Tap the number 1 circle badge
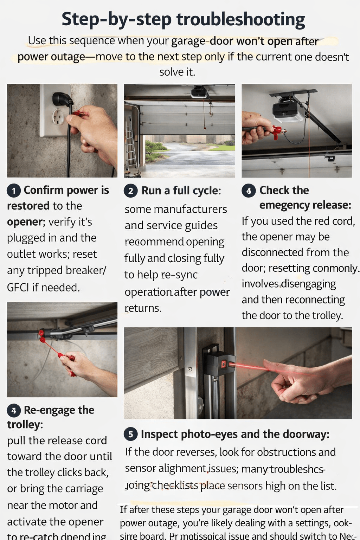pos(14,191)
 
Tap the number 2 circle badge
pos(130,191)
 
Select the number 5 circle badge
pos(130,435)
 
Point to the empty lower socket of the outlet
pos(58,117)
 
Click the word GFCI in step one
pos(18,288)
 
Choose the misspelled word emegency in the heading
pos(284,205)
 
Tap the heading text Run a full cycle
pos(181,191)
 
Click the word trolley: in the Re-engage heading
pos(25,425)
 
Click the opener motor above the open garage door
pos(199,92)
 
